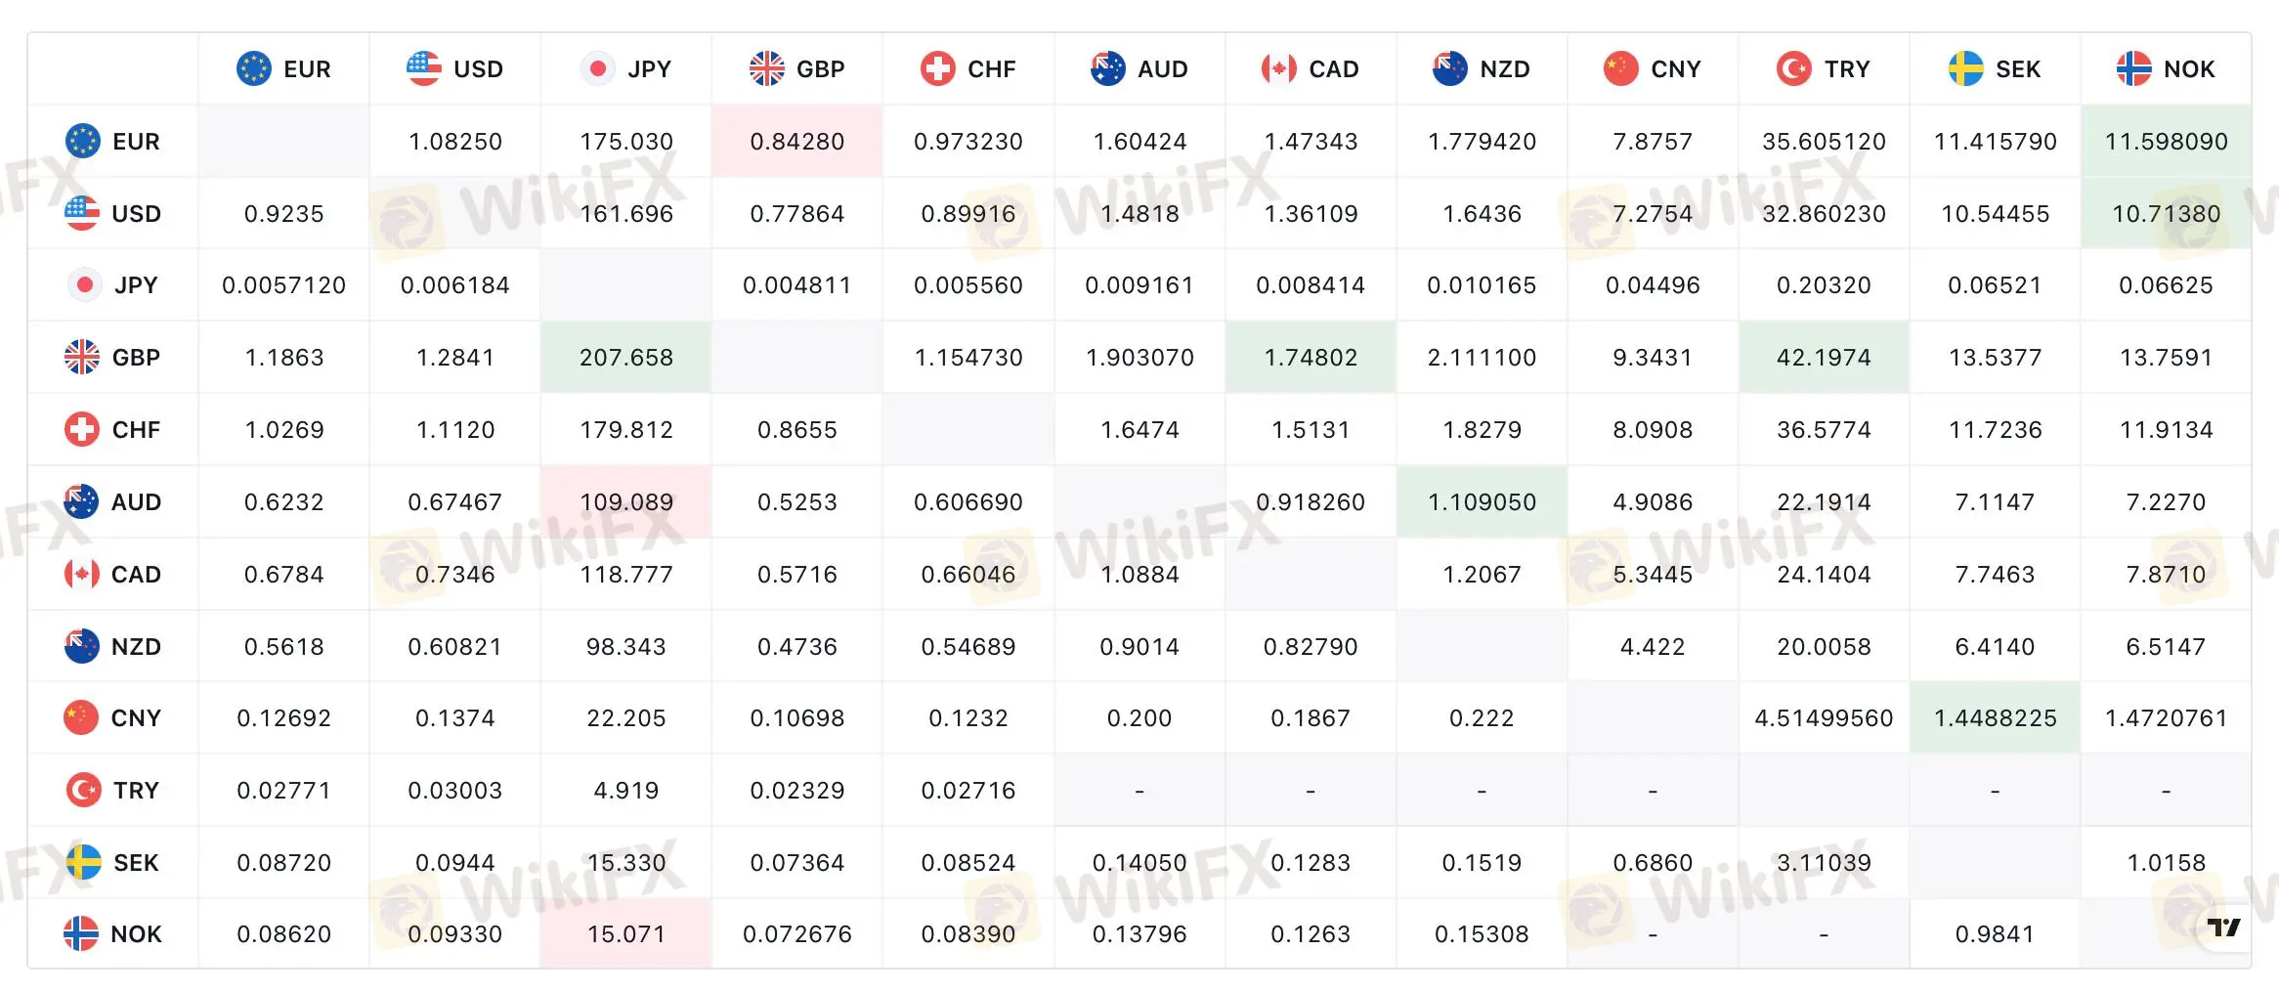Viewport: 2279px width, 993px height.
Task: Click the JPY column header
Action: (x=626, y=69)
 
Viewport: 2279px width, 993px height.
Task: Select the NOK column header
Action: (x=2166, y=69)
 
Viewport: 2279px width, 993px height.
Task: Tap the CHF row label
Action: (x=112, y=430)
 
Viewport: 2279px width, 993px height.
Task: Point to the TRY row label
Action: (x=112, y=791)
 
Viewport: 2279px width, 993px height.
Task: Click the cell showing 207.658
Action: (x=626, y=358)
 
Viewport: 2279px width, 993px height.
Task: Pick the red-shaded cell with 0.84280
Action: (x=797, y=142)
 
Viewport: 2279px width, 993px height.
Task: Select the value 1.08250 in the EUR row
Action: (x=455, y=142)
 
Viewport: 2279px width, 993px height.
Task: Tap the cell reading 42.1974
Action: (x=1824, y=358)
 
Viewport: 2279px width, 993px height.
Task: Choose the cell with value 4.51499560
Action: (x=1824, y=718)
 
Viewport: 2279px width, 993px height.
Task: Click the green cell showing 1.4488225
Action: (x=1995, y=718)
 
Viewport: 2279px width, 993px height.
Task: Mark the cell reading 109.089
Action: (x=626, y=502)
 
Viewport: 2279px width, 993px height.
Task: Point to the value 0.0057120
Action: (x=284, y=285)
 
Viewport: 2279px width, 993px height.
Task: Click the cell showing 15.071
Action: (x=626, y=934)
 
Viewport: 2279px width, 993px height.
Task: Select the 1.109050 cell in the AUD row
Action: (x=1482, y=502)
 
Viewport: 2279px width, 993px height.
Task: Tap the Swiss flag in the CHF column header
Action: (x=938, y=69)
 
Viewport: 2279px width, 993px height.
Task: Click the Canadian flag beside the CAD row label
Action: (x=82, y=575)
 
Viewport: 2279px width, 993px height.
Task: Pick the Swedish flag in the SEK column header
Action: (x=1965, y=69)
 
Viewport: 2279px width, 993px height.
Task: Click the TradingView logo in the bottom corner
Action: (x=2224, y=927)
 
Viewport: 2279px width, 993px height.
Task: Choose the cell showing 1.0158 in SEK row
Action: (x=2166, y=863)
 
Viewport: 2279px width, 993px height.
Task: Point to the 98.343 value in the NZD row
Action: (x=626, y=647)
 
